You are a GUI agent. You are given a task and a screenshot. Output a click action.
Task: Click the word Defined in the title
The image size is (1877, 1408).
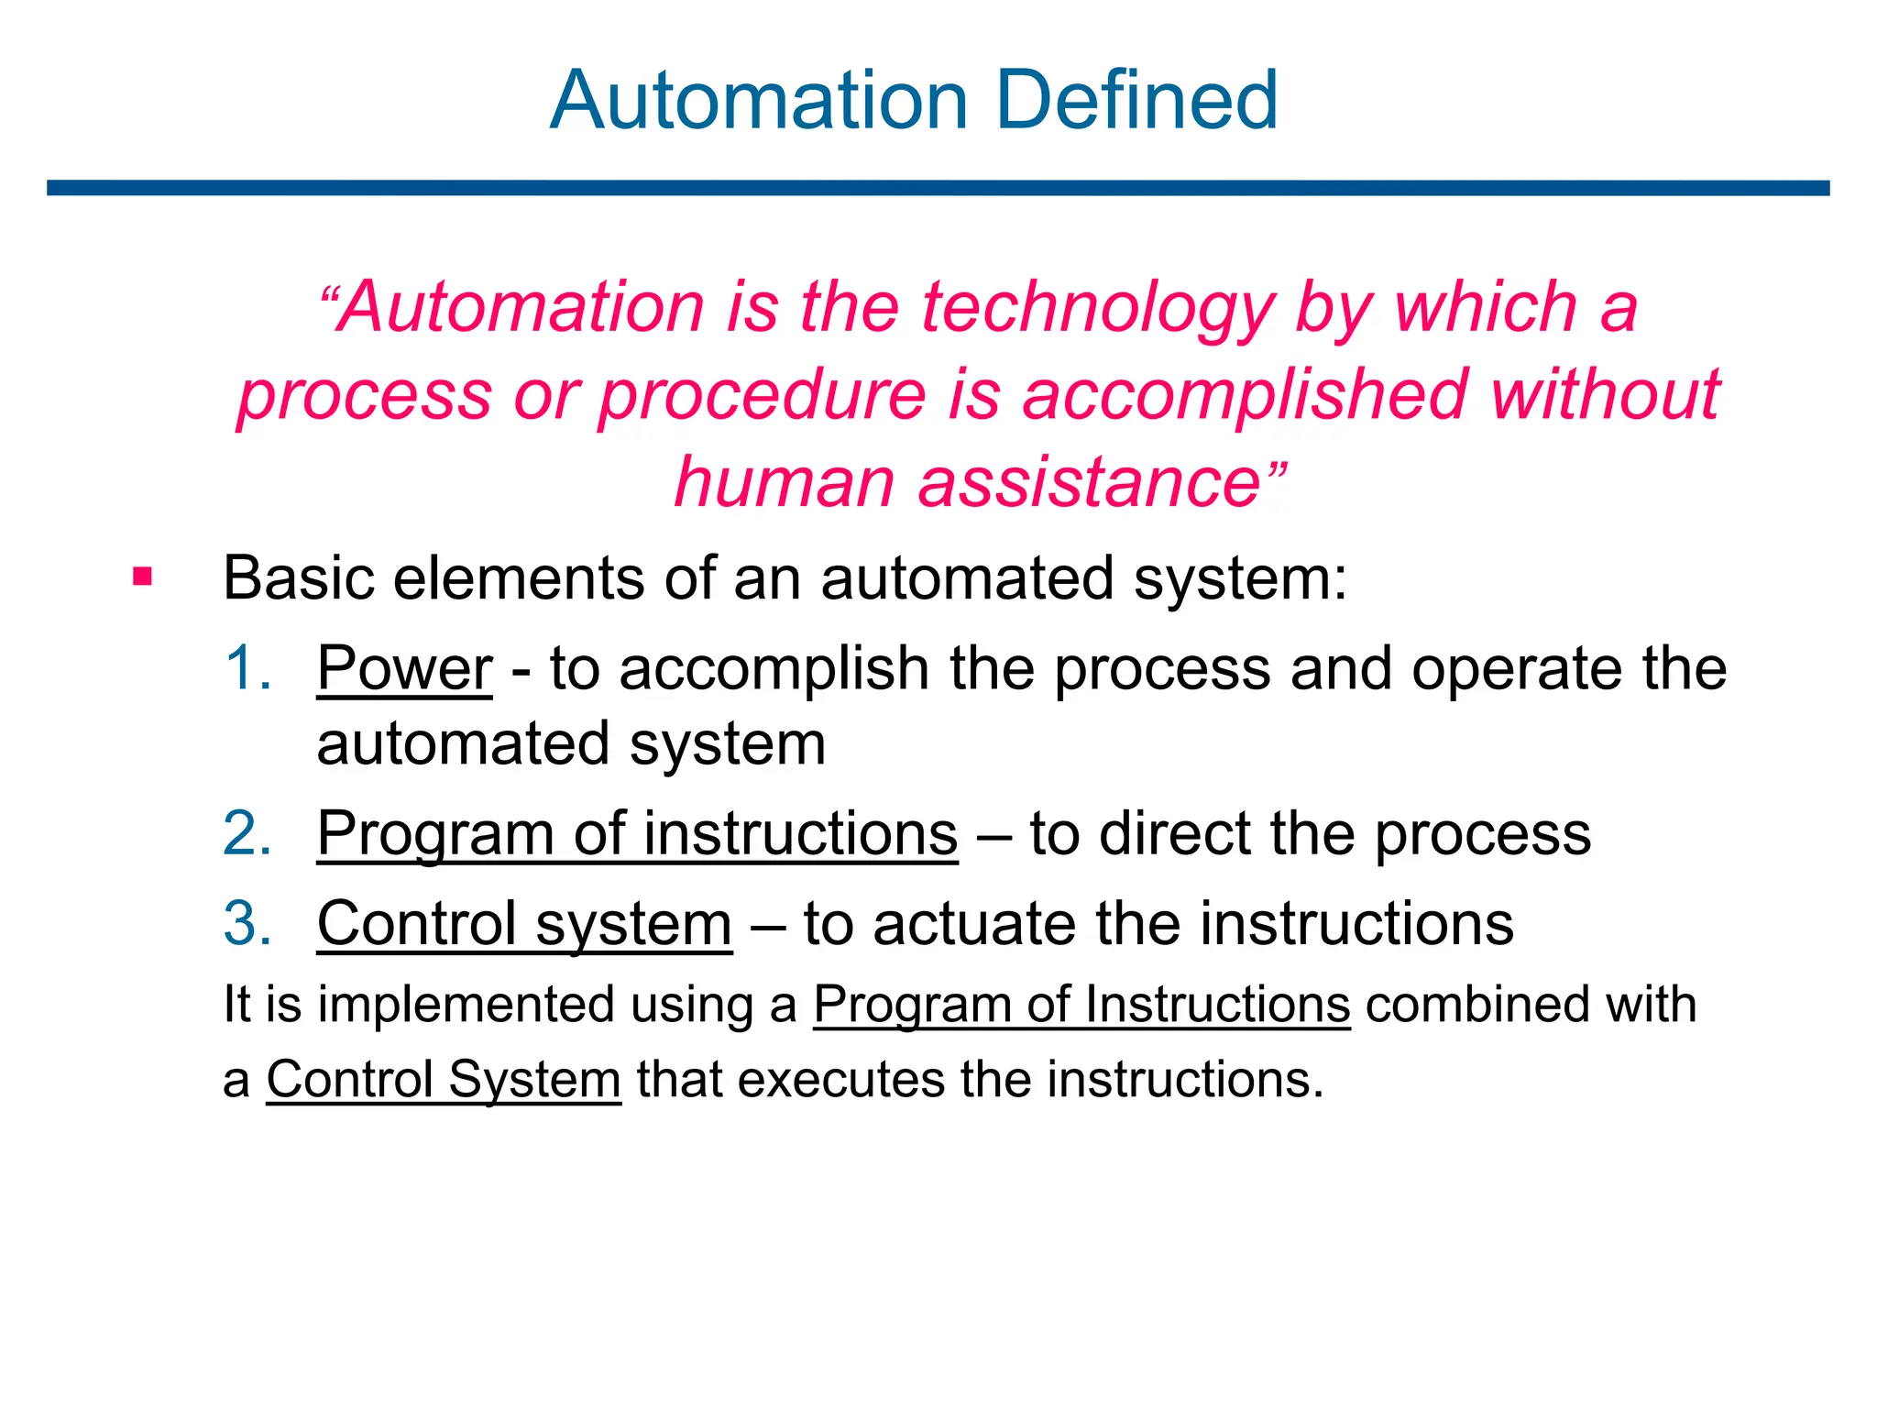point(1136,100)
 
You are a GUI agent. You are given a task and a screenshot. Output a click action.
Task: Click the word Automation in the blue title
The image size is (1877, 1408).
point(758,100)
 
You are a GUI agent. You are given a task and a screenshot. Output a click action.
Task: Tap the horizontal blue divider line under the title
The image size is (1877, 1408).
point(938,188)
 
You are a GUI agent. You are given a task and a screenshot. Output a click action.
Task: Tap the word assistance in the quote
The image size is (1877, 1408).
point(1090,482)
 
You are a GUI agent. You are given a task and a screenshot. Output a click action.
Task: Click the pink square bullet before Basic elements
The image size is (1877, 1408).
point(142,577)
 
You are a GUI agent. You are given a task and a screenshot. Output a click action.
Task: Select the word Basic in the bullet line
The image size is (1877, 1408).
point(299,578)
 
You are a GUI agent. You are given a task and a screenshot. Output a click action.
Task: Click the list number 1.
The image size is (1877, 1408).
point(247,667)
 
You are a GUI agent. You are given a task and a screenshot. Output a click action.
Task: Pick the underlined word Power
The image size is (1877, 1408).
point(404,668)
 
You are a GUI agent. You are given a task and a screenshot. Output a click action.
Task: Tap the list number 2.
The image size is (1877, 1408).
point(247,833)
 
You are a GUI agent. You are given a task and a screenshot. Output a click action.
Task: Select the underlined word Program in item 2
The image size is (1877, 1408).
point(435,835)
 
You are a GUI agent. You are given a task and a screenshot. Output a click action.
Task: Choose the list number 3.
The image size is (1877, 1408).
point(247,922)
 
